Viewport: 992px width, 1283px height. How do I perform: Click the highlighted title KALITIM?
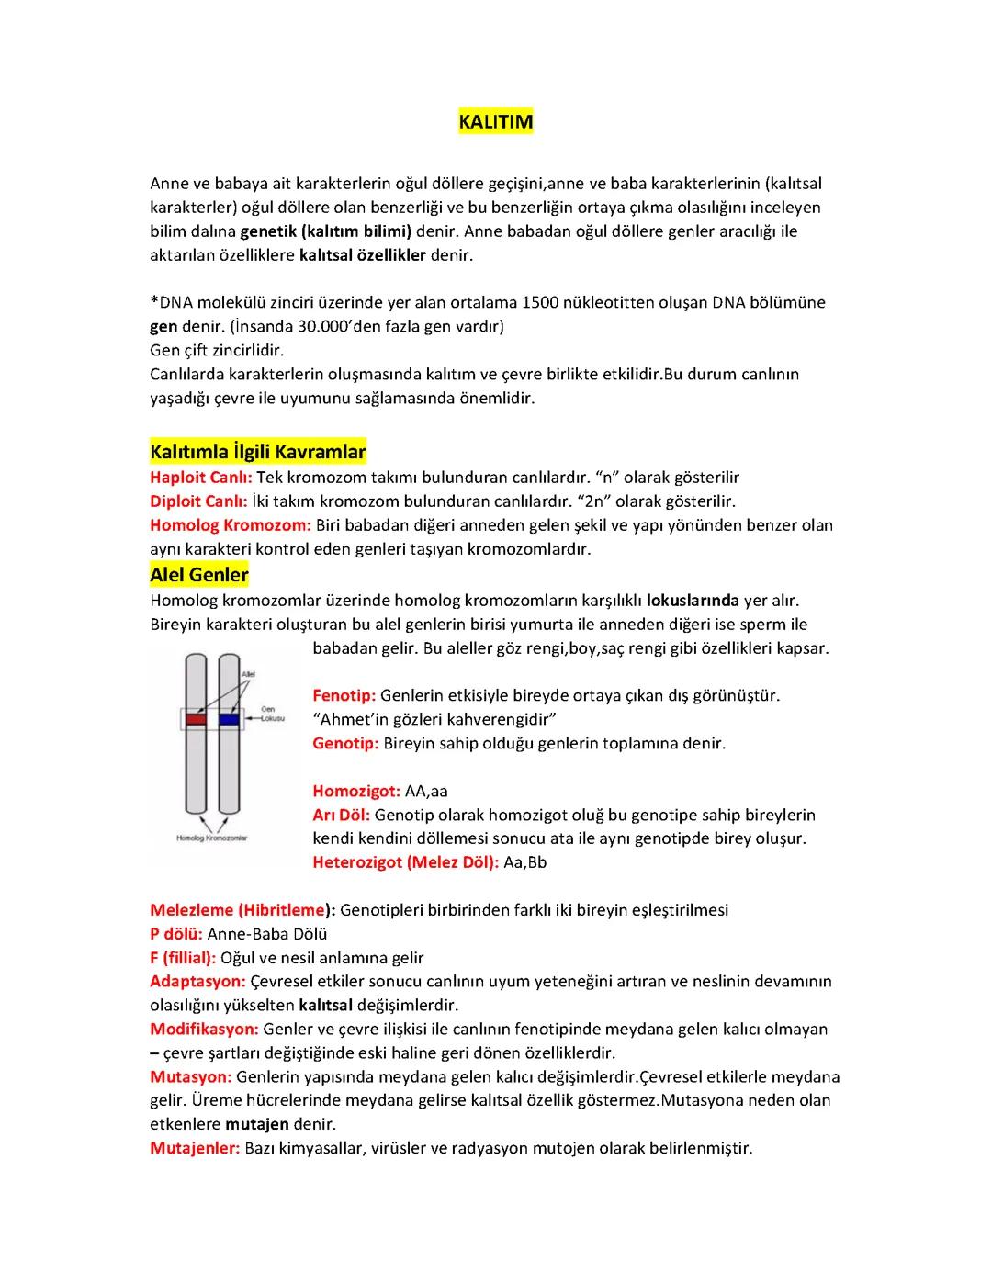495,122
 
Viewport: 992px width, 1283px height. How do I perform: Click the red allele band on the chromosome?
195,719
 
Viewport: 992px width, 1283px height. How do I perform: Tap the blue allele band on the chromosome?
229,719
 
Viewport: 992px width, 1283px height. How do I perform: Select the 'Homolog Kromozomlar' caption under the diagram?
211,838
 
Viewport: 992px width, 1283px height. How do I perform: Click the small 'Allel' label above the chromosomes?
248,674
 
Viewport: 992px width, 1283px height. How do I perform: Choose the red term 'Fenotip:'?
344,695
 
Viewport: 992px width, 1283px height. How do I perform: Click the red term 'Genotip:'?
345,743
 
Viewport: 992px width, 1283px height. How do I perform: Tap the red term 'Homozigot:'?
356,791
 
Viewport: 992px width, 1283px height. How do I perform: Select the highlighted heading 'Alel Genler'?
199,575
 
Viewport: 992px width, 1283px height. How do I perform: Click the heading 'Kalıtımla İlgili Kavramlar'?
258,452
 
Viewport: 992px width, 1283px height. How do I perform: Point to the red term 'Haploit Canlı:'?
200,478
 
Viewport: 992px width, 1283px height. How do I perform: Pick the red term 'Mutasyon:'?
190,1076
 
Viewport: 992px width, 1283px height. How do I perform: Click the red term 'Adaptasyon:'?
197,981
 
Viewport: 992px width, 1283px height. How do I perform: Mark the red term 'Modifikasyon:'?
204,1029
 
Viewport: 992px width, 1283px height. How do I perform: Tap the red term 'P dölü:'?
176,934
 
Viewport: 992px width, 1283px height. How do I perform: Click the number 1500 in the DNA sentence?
540,302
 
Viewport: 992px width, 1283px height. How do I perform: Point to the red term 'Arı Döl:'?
341,815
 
